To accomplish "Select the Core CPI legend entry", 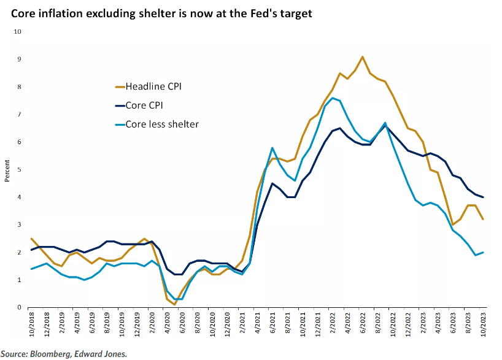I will [x=145, y=105].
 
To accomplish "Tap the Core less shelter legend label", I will [x=162, y=124].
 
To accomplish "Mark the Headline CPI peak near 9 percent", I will [x=363, y=56].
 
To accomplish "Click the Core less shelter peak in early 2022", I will [x=333, y=98].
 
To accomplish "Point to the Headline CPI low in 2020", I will [x=175, y=304].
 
